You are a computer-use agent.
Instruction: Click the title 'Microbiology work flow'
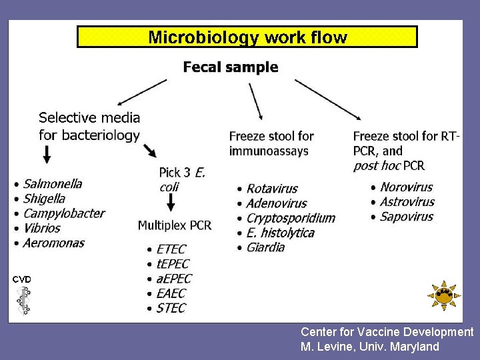click(247, 37)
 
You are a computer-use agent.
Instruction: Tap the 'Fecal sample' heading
click(231, 67)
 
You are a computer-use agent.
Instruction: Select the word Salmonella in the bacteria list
click(53, 183)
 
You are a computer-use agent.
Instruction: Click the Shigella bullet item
click(45, 198)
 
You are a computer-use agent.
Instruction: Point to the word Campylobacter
click(64, 213)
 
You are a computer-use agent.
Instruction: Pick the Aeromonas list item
click(54, 243)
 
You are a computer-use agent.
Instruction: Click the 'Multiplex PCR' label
click(175, 225)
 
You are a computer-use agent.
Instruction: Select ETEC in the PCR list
click(171, 249)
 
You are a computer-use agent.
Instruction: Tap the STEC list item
click(171, 308)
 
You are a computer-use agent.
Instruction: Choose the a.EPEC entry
click(174, 279)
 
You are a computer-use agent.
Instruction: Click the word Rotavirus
click(272, 189)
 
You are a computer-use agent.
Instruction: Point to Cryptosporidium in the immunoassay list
click(291, 218)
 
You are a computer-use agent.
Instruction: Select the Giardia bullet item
click(265, 247)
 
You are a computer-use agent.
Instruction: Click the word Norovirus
click(407, 187)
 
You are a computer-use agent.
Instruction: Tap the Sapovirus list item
click(407, 217)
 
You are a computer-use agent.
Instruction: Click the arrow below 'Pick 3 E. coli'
click(171, 203)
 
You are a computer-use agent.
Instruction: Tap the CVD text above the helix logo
click(22, 279)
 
